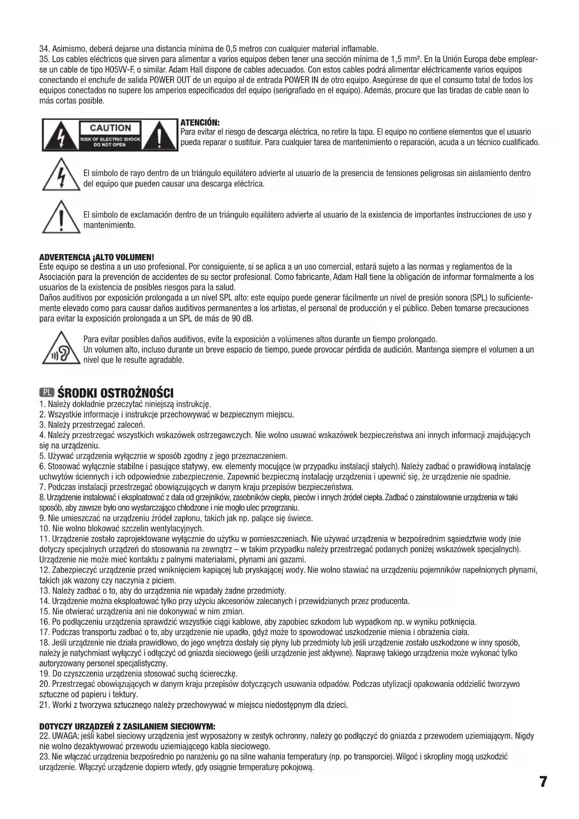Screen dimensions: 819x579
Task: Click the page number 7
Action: [x=543, y=782]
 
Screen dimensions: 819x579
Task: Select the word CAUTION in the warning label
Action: [x=110, y=127]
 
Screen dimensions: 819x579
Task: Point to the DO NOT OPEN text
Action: [x=110, y=145]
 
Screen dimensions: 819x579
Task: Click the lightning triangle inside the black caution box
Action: [x=60, y=135]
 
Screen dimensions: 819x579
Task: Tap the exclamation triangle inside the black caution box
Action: [x=160, y=135]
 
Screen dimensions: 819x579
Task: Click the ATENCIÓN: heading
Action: [x=200, y=122]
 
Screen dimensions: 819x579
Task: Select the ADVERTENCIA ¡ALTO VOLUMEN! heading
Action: [x=97, y=257]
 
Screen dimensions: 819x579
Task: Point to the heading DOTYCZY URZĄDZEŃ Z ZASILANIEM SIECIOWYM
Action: [x=127, y=727]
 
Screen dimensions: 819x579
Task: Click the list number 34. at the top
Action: [x=45, y=49]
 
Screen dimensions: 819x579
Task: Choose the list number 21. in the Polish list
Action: [x=45, y=705]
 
